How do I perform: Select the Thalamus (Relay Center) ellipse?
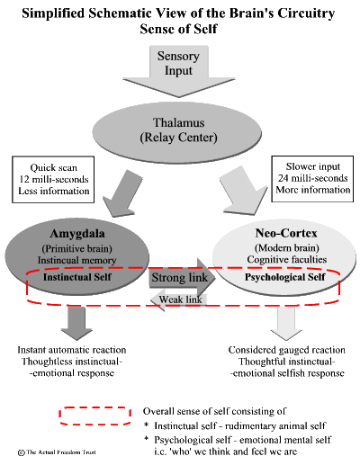177,133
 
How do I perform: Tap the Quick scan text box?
53,179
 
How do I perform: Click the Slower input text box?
312,179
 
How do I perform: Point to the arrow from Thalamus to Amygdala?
121,194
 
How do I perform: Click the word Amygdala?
77,234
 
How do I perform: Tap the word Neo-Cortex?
286,233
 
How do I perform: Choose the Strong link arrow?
182,277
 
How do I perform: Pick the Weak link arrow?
178,300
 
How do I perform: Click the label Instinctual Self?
77,277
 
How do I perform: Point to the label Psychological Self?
284,277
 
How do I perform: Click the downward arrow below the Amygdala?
76,323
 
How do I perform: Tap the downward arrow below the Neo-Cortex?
286,324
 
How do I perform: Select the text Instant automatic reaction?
72,350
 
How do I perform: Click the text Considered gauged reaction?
287,350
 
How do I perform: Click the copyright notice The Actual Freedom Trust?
57,452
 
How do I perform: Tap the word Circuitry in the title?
306,13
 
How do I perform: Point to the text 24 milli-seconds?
312,178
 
